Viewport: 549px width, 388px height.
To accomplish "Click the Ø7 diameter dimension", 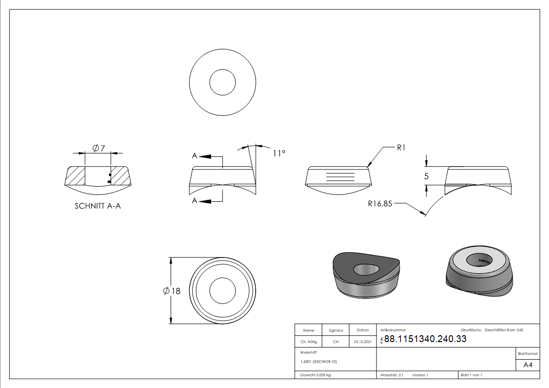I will (98, 148).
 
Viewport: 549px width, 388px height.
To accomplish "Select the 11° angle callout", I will (279, 153).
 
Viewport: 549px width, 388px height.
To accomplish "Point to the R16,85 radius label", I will (380, 204).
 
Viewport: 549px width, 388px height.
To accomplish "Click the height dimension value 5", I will (426, 176).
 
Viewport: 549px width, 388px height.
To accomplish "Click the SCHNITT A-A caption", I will (98, 206).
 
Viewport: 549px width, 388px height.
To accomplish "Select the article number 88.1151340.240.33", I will (425, 339).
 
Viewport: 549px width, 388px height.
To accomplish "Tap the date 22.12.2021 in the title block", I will (362, 342).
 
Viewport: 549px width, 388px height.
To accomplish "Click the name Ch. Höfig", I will (308, 342).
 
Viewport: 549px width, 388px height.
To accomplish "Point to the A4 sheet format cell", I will (528, 365).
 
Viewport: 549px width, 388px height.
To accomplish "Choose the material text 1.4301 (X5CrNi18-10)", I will (319, 362).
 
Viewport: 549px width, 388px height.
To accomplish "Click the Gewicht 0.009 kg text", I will (316, 375).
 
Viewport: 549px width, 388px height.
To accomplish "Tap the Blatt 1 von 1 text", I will (471, 375).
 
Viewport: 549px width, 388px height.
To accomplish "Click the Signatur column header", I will (336, 330).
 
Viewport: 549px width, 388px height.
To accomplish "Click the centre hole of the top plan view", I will (222, 82).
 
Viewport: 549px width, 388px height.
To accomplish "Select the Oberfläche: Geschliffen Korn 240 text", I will (492, 330).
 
